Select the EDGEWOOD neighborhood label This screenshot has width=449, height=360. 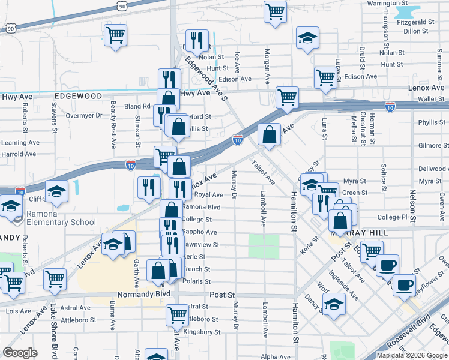point(79,96)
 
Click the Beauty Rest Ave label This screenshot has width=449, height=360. point(113,124)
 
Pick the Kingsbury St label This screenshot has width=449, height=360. point(201,332)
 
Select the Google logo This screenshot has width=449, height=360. point(20,353)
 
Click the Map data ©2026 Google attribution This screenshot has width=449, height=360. point(411,355)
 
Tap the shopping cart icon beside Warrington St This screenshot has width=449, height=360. point(275,11)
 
